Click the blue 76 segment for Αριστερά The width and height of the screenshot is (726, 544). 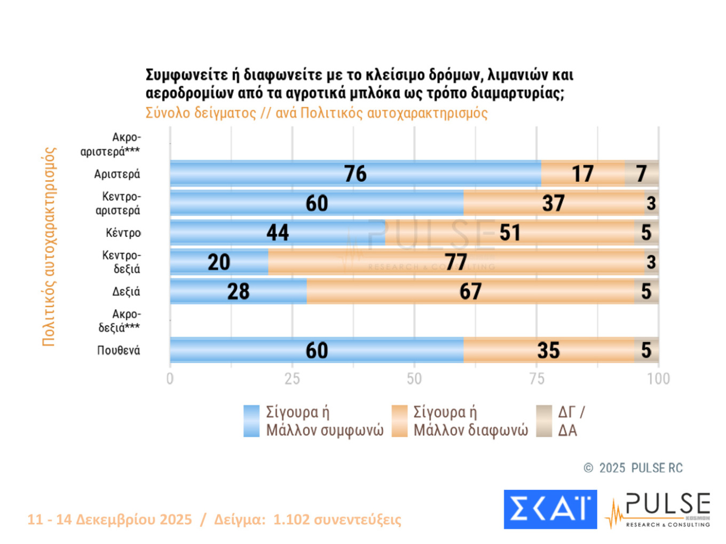(x=355, y=173)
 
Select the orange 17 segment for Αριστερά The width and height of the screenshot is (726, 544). (x=582, y=173)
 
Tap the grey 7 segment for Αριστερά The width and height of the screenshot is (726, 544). (x=641, y=173)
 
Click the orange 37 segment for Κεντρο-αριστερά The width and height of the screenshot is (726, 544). (x=554, y=203)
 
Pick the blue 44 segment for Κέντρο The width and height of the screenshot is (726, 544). (x=278, y=233)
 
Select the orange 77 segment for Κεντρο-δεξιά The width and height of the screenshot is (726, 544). (x=456, y=262)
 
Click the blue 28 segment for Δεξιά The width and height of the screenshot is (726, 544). (x=238, y=291)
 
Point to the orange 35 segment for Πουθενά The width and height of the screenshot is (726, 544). (x=548, y=350)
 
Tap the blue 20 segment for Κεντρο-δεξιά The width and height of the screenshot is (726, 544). (x=219, y=262)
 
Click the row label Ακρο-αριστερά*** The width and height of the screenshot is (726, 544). (x=111, y=145)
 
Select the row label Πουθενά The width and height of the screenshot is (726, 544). (x=119, y=350)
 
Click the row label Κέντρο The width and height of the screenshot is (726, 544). (x=123, y=233)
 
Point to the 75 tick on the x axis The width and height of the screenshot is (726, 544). (x=536, y=379)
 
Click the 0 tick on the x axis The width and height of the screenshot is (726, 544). (x=170, y=379)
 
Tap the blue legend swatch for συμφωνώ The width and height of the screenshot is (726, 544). (x=251, y=421)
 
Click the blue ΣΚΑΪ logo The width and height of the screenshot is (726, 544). (x=550, y=509)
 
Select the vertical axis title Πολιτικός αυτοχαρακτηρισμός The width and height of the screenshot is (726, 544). (x=49, y=246)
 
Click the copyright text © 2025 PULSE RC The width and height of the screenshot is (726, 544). (x=633, y=468)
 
